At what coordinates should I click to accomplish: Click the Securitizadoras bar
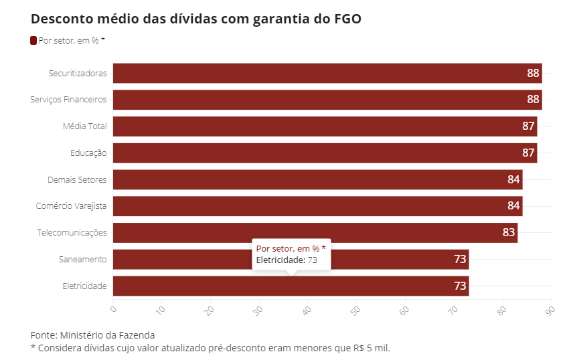(x=327, y=73)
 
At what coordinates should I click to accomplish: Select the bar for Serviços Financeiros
(x=327, y=100)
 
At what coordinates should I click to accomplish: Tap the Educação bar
(x=325, y=153)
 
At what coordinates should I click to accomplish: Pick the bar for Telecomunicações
(x=315, y=233)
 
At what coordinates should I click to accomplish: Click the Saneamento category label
(x=84, y=260)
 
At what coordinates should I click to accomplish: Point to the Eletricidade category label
(x=84, y=286)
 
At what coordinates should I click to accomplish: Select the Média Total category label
(x=84, y=126)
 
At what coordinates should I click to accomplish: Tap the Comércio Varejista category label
(x=72, y=206)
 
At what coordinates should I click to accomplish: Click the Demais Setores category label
(x=77, y=179)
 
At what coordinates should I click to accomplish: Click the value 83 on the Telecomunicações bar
(x=509, y=233)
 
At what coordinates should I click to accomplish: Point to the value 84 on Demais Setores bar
(x=513, y=179)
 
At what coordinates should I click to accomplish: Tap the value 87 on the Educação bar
(x=528, y=153)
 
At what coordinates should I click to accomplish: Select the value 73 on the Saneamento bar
(x=460, y=260)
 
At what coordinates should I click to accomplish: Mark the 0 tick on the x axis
(x=113, y=309)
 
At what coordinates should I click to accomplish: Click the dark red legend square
(x=33, y=41)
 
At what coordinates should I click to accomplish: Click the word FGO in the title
(x=347, y=19)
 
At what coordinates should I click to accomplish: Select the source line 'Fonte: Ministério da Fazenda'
(x=92, y=335)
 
